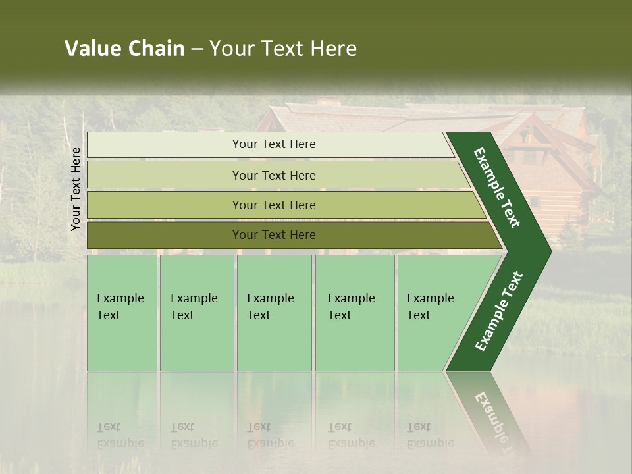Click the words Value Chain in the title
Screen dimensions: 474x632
tap(124, 49)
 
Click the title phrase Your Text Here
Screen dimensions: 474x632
tap(283, 49)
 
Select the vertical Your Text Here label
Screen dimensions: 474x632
tap(76, 189)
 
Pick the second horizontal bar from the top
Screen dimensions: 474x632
tap(273, 175)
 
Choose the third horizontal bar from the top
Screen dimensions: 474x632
tap(273, 205)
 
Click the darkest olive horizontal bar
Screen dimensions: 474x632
tap(273, 235)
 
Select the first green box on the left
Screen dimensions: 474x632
tap(122, 313)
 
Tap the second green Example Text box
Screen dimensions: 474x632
tap(196, 313)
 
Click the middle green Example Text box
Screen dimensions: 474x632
tap(274, 313)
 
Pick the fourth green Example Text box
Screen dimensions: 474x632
tap(355, 313)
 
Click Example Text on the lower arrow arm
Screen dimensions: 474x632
tap(499, 311)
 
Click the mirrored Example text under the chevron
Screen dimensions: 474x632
tap(495, 421)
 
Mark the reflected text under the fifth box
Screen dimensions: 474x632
tap(430, 435)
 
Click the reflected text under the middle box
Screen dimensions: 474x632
tap(270, 435)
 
